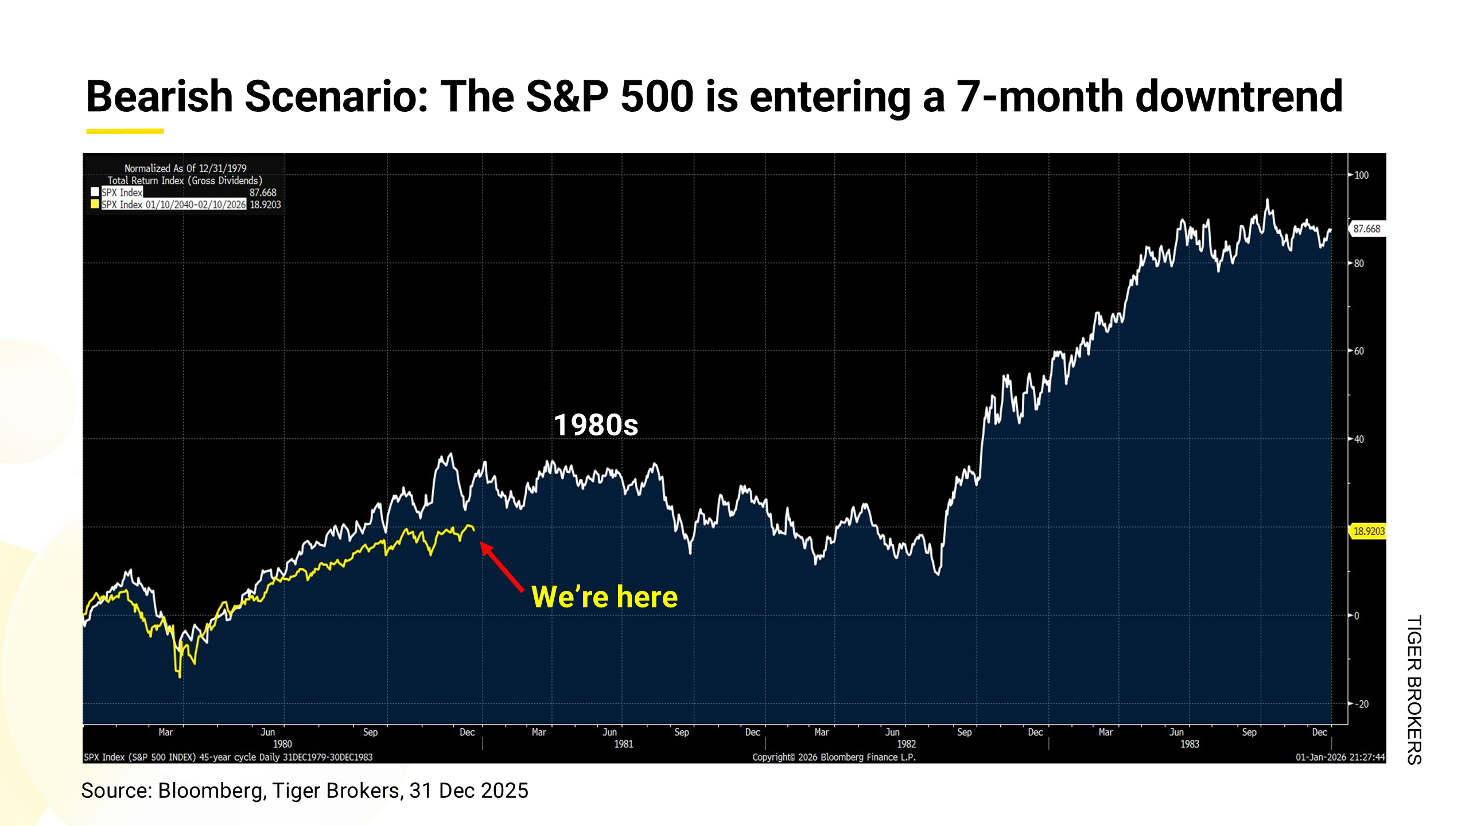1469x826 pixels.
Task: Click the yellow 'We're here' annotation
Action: [x=604, y=597]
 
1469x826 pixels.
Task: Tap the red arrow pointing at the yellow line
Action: [x=502, y=567]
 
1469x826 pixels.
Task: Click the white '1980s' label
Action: [x=596, y=426]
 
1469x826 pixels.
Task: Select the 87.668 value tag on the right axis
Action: [x=1367, y=229]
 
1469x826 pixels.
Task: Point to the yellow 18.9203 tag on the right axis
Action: [x=1369, y=531]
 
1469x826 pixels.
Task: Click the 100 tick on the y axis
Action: [x=1361, y=175]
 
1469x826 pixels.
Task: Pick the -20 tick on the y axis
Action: [x=1361, y=704]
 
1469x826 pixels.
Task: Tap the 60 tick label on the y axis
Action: [x=1359, y=351]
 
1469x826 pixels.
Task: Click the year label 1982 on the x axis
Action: [x=906, y=744]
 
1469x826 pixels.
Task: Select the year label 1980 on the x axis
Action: [x=282, y=744]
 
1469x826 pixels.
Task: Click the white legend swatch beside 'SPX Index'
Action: [x=95, y=192]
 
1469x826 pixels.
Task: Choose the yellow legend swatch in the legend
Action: [x=95, y=204]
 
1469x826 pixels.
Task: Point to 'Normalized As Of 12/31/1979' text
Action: [x=185, y=168]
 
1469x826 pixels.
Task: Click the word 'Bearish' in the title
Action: [x=159, y=96]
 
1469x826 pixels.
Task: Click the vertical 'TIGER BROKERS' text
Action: [x=1414, y=689]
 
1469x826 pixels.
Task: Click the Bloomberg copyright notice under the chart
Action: [x=834, y=757]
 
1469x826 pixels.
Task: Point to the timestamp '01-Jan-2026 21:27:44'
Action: [x=1340, y=757]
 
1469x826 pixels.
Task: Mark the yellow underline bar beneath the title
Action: [x=125, y=131]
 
